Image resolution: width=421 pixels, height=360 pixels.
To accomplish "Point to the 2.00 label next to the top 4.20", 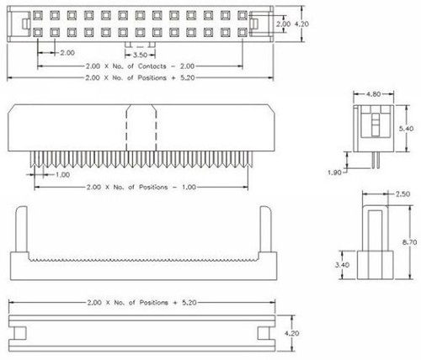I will [x=285, y=24].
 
